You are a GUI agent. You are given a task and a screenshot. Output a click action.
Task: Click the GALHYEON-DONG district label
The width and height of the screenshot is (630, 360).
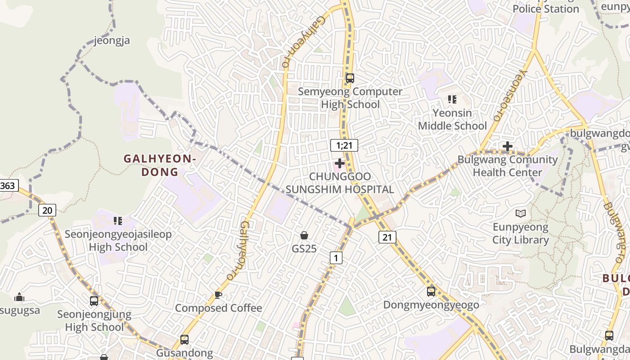click(x=160, y=165)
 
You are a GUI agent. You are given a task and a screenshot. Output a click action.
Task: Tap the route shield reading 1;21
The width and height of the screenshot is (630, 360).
click(x=344, y=145)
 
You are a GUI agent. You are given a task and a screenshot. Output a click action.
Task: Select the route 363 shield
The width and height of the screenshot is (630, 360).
click(x=8, y=185)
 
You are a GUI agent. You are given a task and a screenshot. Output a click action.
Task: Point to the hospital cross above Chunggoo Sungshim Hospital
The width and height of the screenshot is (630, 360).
click(x=340, y=163)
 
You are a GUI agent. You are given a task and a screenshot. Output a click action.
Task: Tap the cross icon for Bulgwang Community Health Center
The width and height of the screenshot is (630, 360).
click(x=508, y=146)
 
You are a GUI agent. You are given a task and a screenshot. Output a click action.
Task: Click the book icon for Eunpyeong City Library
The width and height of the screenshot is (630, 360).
click(x=521, y=213)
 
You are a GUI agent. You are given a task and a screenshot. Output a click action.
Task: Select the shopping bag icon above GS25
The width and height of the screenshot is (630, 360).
click(x=304, y=235)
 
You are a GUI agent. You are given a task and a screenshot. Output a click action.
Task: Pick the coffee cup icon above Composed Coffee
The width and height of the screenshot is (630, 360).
click(x=218, y=295)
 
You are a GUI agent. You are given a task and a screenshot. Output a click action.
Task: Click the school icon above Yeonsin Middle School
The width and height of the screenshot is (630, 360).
click(x=452, y=99)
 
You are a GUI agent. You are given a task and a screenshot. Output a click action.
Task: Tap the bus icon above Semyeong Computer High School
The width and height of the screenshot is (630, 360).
click(x=350, y=78)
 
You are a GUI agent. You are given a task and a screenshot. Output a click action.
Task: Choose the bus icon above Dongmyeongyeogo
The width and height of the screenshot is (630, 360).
click(x=431, y=291)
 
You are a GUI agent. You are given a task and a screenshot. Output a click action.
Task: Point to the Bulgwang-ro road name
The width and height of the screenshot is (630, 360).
click(x=615, y=234)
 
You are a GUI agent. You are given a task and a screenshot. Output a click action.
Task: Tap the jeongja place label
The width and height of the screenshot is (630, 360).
click(x=112, y=40)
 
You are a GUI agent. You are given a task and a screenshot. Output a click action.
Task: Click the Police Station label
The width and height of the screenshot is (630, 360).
click(x=546, y=9)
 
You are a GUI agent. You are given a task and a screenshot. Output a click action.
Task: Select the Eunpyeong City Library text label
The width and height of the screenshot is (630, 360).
click(x=521, y=233)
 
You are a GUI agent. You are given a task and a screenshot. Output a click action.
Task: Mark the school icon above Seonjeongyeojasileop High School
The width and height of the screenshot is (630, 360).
click(x=118, y=221)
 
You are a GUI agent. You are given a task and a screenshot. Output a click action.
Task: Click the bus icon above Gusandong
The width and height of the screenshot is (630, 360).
click(x=184, y=339)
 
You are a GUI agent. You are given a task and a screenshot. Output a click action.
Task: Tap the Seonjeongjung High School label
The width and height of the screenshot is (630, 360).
click(x=94, y=320)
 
